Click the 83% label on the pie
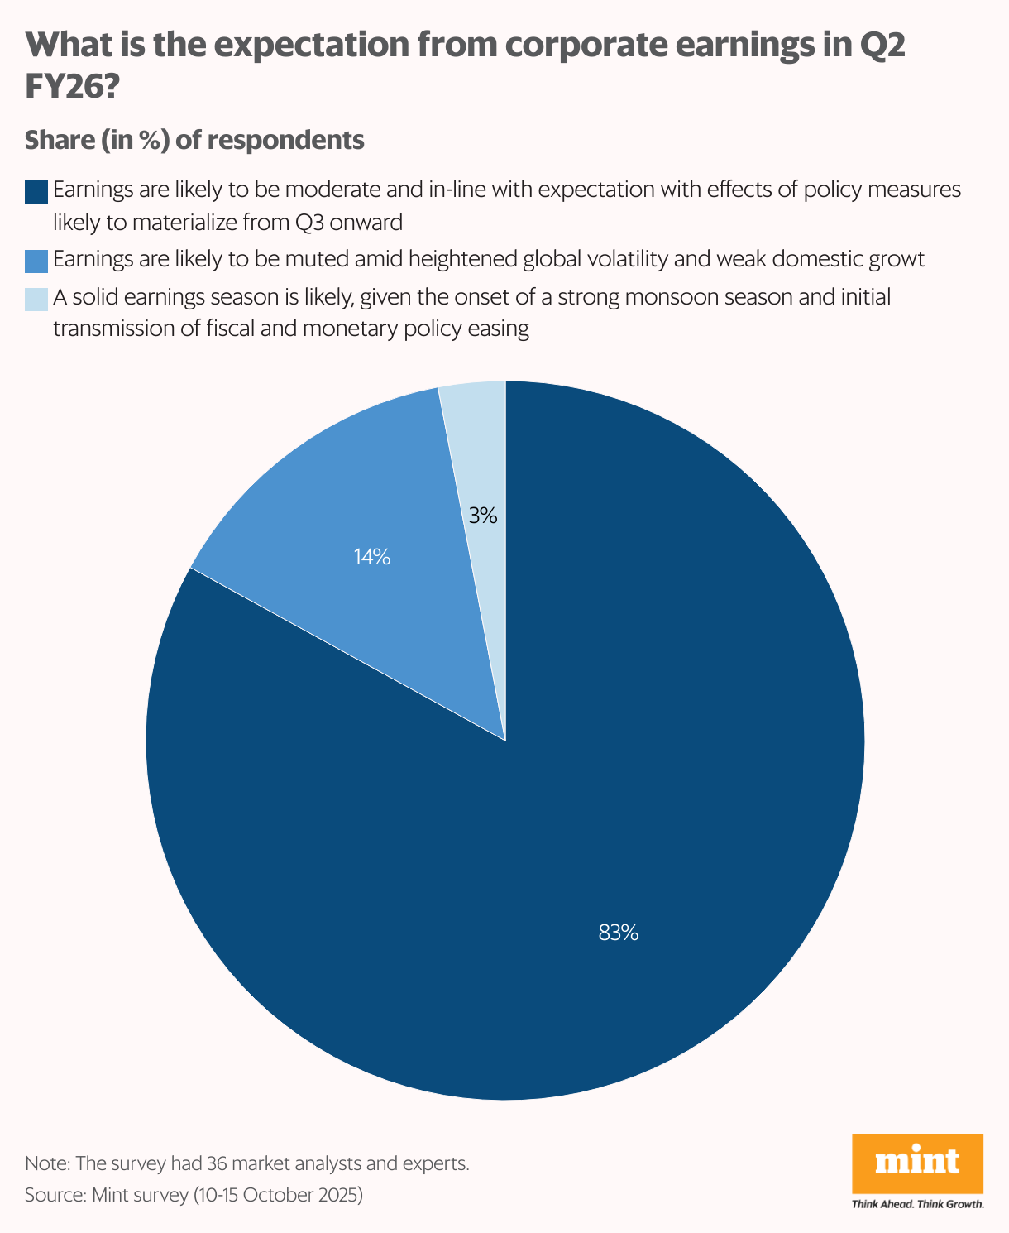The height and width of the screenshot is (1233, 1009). [x=618, y=933]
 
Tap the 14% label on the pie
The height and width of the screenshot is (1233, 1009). [x=371, y=557]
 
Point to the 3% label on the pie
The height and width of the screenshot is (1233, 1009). [x=482, y=516]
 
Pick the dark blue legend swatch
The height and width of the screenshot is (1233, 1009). [x=36, y=191]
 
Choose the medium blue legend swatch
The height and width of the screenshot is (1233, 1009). [x=36, y=261]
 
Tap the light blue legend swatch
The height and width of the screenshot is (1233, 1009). [x=36, y=298]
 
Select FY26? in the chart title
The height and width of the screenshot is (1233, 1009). [x=73, y=87]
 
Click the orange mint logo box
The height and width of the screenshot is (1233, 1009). [x=917, y=1163]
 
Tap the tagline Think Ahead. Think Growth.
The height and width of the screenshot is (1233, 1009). [x=917, y=1204]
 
